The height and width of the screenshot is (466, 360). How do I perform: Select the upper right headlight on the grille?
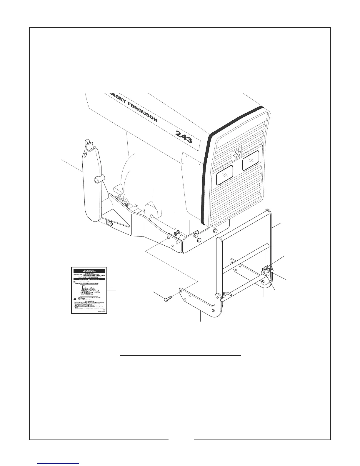pyautogui.click(x=250, y=160)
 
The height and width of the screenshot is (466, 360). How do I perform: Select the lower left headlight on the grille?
pyautogui.click(x=224, y=175)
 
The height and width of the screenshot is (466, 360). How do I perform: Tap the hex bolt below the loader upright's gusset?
pyautogui.click(x=110, y=224)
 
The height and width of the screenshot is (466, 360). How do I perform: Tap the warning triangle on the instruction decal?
pyautogui.click(x=75, y=298)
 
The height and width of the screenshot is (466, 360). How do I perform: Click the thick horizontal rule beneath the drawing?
pyautogui.click(x=180, y=355)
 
